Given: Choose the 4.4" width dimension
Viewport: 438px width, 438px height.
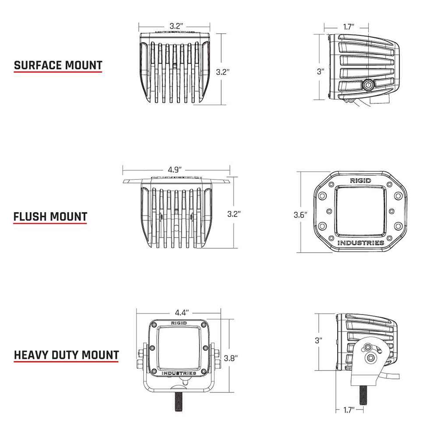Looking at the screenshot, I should [x=181, y=312].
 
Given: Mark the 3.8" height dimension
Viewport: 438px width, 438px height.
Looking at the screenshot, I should [x=231, y=357].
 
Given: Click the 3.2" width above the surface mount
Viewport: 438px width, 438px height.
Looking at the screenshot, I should [x=175, y=26].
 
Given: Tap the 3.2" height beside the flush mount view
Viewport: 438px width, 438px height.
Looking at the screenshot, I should [x=234, y=214].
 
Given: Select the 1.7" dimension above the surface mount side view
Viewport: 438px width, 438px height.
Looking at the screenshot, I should [x=349, y=27].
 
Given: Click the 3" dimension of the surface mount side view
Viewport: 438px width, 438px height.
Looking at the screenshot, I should [x=320, y=71].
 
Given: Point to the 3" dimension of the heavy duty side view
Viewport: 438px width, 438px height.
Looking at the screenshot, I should [x=319, y=340].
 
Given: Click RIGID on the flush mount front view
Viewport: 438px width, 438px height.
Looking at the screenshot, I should [x=360, y=180].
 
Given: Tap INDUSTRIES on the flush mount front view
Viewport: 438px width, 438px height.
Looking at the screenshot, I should [x=361, y=243].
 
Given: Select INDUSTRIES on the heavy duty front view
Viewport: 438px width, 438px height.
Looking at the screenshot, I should [x=179, y=373].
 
